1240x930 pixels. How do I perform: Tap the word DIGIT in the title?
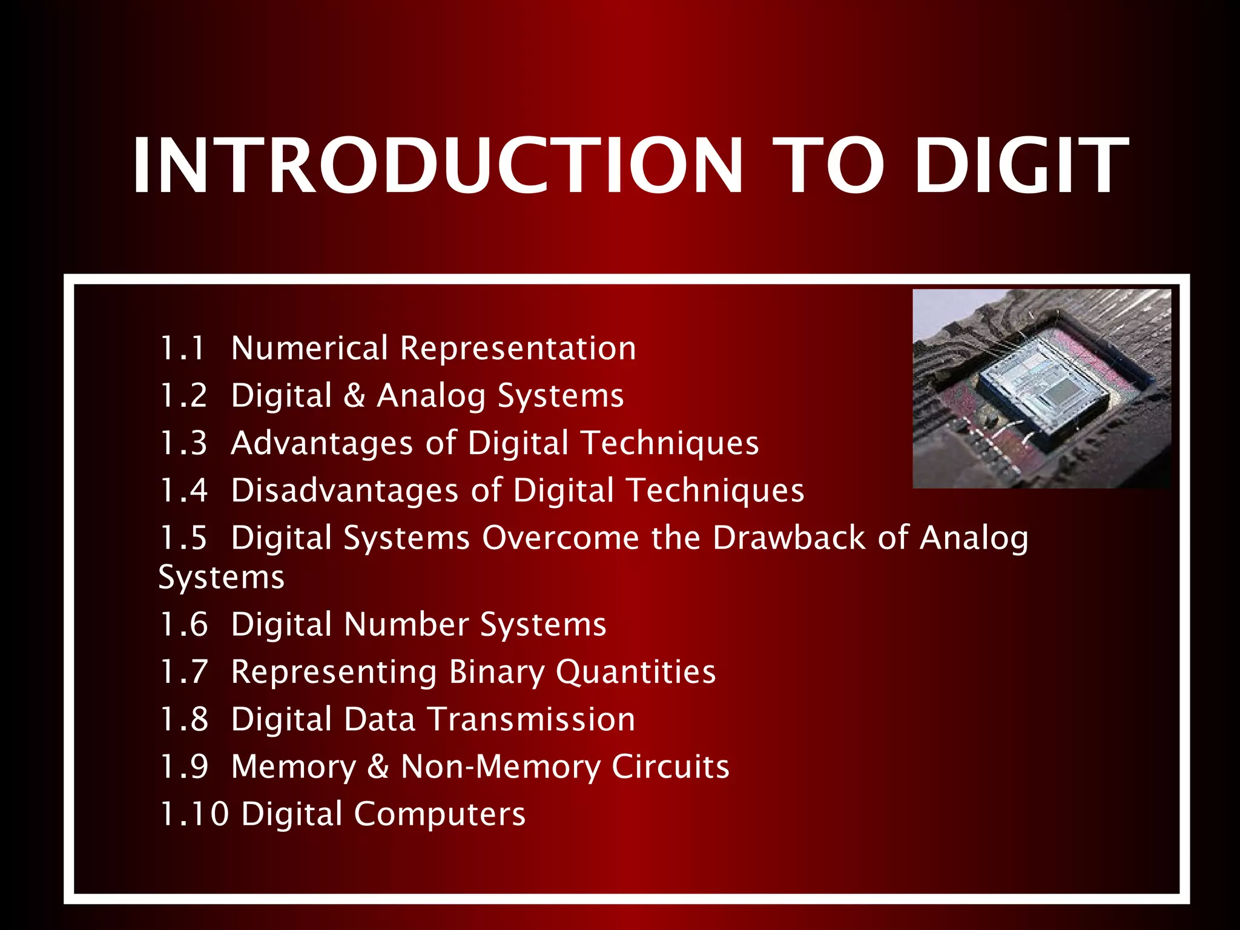pos(1021,166)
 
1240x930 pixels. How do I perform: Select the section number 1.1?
pos(182,349)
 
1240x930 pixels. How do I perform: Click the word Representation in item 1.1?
pos(518,349)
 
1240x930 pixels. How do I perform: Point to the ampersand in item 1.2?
pos(354,396)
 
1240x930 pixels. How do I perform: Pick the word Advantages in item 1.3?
pos(322,443)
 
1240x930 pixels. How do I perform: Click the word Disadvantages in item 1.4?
pos(345,490)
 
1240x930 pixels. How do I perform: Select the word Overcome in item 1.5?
pos(561,538)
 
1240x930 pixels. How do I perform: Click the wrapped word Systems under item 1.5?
pos(221,578)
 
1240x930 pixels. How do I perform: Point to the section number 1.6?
pos(183,625)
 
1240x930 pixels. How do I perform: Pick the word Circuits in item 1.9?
pos(670,767)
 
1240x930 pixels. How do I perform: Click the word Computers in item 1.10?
pos(440,815)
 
